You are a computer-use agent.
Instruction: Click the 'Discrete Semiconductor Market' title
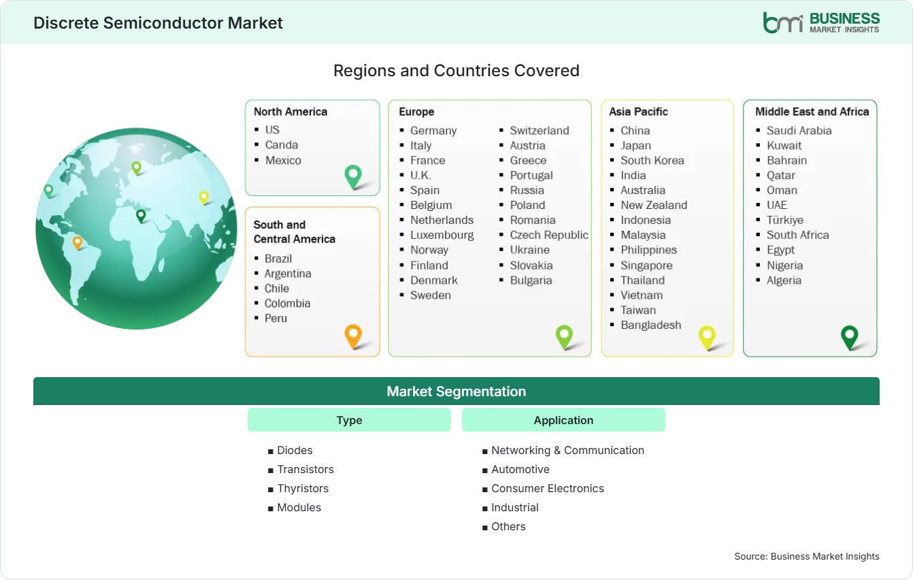click(158, 23)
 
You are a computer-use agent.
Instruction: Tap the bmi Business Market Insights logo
click(821, 22)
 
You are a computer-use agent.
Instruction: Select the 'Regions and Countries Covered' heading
click(456, 71)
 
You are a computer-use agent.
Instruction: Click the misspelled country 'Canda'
click(281, 145)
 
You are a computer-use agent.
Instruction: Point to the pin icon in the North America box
click(353, 176)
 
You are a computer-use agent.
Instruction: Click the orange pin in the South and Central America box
click(353, 336)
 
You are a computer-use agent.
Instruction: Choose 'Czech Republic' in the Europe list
click(549, 235)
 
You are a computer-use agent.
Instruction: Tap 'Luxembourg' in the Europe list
click(442, 235)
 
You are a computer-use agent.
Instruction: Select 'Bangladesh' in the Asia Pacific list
click(651, 325)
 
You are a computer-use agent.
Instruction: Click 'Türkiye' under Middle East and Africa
click(785, 220)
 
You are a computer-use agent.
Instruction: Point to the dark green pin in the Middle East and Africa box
click(850, 338)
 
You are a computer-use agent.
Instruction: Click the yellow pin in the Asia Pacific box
click(707, 338)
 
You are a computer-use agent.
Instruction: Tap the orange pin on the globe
click(78, 242)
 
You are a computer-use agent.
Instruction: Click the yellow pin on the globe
click(203, 197)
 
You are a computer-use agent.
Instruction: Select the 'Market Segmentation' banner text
click(456, 391)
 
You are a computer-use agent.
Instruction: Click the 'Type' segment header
click(349, 420)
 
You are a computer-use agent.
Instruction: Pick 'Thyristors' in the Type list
click(303, 489)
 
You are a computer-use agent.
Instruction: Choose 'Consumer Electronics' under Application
click(548, 489)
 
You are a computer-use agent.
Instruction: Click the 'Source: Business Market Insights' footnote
click(807, 556)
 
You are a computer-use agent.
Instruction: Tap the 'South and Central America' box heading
click(295, 231)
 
